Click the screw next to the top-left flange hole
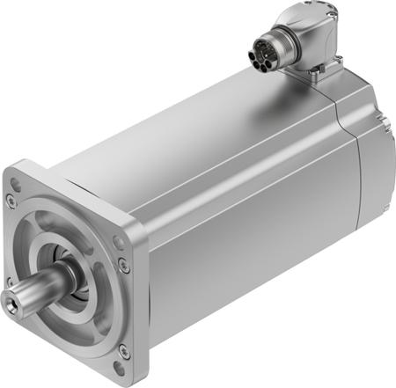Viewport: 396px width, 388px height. (x=11, y=201)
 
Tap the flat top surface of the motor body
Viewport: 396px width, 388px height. (x=202, y=123)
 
